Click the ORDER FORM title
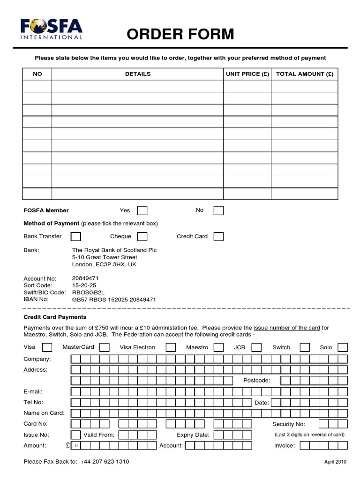tap(180, 34)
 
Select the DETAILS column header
tap(138, 74)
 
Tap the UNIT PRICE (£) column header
tap(247, 74)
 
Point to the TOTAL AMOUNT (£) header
tap(304, 74)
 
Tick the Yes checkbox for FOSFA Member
tap(142, 210)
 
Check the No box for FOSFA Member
tap(218, 210)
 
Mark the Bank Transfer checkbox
tap(75, 236)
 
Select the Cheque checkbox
tap(142, 236)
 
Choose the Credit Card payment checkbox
tap(218, 236)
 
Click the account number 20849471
tap(85, 278)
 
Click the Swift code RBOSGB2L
tap(87, 292)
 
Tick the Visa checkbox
tap(47, 347)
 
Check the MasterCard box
tap(105, 347)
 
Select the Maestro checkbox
tap(218, 347)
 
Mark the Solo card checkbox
tap(343, 347)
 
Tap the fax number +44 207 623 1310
tap(105, 462)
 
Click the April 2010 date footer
tap(335, 462)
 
